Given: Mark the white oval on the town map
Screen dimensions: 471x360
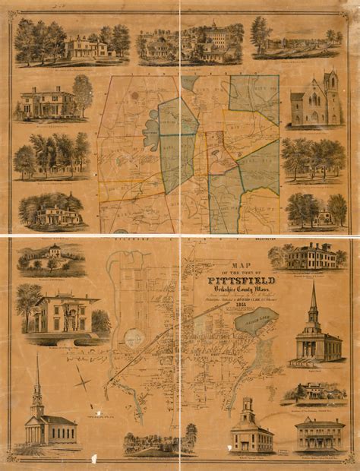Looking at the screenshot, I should tap(135, 338).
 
